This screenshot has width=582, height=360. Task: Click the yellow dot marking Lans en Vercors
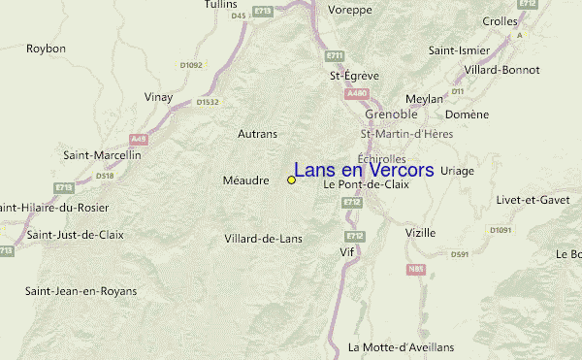pyautogui.click(x=291, y=180)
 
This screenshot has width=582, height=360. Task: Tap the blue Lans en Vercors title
pyautogui.click(x=364, y=170)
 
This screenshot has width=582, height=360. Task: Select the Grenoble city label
pyautogui.click(x=391, y=114)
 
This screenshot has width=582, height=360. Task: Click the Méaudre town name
pyautogui.click(x=245, y=180)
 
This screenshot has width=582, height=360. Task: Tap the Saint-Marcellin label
pyautogui.click(x=96, y=154)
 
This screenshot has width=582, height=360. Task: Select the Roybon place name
pyautogui.click(x=46, y=48)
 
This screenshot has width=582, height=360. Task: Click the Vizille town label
pyautogui.click(x=420, y=233)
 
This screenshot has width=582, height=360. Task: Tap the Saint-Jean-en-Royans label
pyautogui.click(x=81, y=291)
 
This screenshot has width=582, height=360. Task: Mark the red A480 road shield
pyautogui.click(x=357, y=94)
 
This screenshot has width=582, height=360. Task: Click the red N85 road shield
pyautogui.click(x=417, y=270)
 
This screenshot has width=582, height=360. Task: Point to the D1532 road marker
pyautogui.click(x=208, y=101)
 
